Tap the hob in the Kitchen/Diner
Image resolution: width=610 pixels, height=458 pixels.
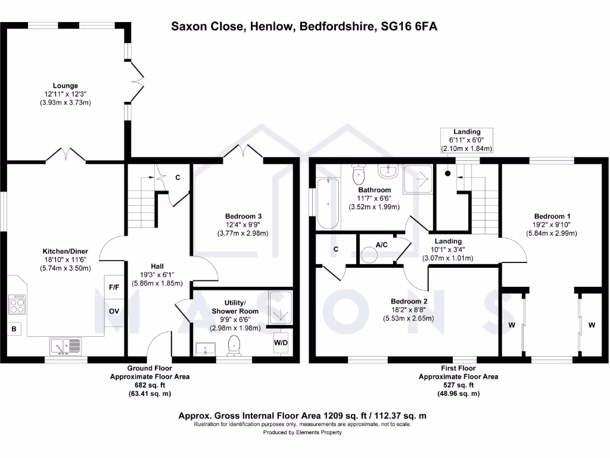click(x=17, y=305)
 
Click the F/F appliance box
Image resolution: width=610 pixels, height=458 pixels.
click(x=114, y=287)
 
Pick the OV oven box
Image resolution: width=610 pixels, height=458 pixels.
click(x=114, y=311)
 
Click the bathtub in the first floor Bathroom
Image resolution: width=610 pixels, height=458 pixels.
click(x=328, y=203)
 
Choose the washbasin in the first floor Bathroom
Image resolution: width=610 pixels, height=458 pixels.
click(x=388, y=172)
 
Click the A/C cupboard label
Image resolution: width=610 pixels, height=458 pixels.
click(x=382, y=245)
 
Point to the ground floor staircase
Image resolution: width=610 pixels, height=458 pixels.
click(x=144, y=191)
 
